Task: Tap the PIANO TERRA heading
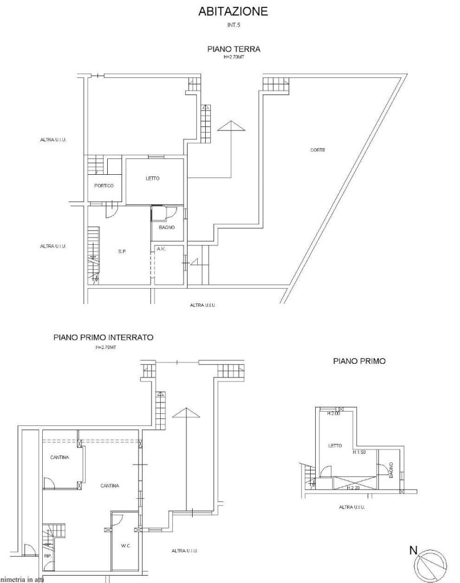tap(233, 50)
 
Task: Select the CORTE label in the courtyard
tap(317, 150)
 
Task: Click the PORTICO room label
tap(104, 186)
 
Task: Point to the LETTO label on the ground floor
tap(152, 179)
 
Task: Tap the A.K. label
tap(161, 249)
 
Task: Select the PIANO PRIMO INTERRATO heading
tap(103, 337)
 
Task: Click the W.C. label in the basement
tap(126, 546)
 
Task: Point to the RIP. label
tap(47, 556)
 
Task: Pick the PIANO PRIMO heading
tap(359, 361)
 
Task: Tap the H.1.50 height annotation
tap(360, 453)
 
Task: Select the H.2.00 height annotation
tap(333, 414)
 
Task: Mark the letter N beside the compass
tap(414, 550)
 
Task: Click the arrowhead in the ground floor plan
tap(231, 126)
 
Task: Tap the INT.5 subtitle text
tap(233, 24)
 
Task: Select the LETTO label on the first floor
tap(335, 446)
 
